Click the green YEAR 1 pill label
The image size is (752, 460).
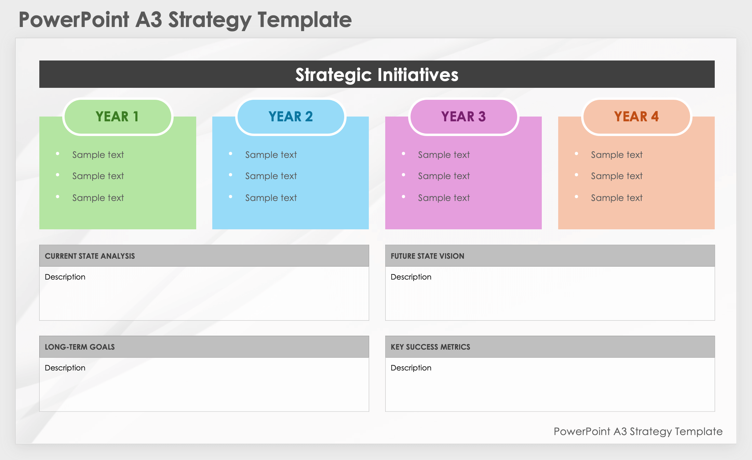coord(118,117)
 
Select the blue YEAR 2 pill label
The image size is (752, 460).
coord(291,117)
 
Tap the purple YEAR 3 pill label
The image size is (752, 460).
coord(464,117)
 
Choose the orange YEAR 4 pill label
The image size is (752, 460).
coord(636,117)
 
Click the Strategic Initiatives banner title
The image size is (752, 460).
coord(377,75)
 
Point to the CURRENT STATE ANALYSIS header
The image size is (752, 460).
coord(90,256)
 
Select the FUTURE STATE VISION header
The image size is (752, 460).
coord(427,256)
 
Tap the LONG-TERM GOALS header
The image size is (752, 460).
coord(80,347)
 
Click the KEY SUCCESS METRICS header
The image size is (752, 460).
coord(430,347)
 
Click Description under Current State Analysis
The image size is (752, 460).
coord(65,277)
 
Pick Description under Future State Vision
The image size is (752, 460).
coord(411,277)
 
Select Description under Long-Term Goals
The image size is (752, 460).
coord(65,368)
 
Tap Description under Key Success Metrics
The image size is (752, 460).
coord(411,368)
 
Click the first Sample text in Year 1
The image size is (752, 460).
coord(98,155)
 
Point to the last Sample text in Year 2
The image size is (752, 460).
coord(271,198)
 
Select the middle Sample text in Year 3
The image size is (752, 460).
coord(444,176)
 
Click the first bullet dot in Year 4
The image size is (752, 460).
coord(577,154)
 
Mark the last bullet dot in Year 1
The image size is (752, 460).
coord(58,197)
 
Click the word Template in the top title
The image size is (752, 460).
coord(305,19)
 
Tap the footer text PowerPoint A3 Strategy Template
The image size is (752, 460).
coord(638,432)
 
